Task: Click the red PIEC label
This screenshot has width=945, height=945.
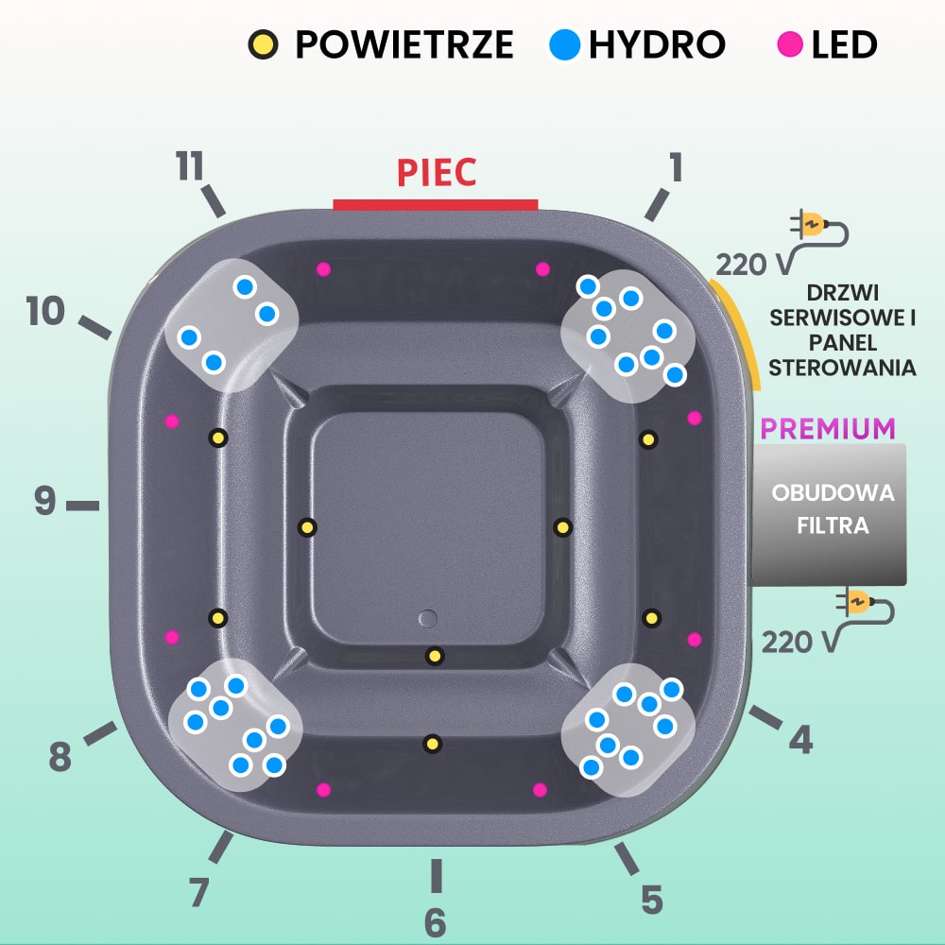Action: tap(436, 173)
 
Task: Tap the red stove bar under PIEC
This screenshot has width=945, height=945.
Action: tap(436, 204)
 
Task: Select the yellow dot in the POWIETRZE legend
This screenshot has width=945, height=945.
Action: tap(264, 44)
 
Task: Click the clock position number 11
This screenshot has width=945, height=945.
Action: tap(190, 167)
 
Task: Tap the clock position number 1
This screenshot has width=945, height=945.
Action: tap(675, 167)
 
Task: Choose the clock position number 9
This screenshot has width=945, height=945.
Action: tap(45, 501)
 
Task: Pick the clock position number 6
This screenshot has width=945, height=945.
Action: tap(435, 922)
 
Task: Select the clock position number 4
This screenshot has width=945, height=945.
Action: tap(800, 740)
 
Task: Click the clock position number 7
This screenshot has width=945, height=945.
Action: tap(198, 892)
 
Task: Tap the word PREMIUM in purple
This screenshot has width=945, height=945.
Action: tap(828, 428)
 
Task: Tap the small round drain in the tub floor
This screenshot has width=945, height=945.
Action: tap(427, 619)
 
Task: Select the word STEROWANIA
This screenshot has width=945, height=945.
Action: tap(842, 368)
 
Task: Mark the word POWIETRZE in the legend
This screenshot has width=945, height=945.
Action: tap(404, 44)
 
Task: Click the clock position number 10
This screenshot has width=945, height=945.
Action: tap(45, 311)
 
